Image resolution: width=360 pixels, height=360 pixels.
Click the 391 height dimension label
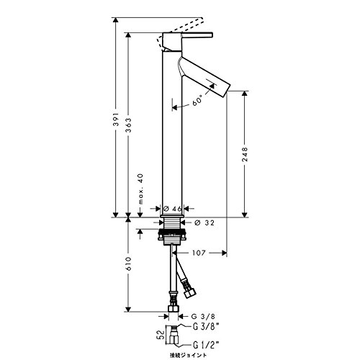(x=116, y=119)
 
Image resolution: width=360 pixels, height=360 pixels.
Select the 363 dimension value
(x=129, y=125)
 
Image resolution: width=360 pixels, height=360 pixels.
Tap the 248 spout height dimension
(x=245, y=154)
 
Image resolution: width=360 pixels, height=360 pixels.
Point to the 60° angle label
(x=197, y=101)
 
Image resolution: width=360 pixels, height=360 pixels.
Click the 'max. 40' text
(x=140, y=189)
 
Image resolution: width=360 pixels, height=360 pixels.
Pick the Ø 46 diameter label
(x=172, y=209)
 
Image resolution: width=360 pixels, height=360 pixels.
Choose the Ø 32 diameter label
(x=204, y=222)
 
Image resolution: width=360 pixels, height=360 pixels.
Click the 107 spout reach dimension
(x=199, y=253)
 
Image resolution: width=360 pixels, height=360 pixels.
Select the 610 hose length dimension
(x=129, y=264)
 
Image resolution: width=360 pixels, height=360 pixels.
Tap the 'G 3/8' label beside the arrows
(x=203, y=316)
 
